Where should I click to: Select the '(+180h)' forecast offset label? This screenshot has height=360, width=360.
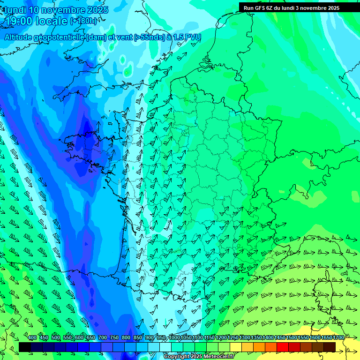(83, 21)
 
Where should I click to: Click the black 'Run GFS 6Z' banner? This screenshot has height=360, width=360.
(292, 7)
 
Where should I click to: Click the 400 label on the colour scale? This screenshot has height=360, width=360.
(32, 338)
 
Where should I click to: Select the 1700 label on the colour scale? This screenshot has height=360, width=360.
(338, 338)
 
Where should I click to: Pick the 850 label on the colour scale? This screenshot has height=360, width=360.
(138, 338)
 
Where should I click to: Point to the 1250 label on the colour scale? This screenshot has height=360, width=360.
(233, 338)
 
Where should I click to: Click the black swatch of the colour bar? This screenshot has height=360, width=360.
(25, 347)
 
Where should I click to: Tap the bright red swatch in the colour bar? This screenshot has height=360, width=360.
(283, 347)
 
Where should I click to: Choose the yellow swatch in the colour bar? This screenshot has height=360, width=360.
(236, 347)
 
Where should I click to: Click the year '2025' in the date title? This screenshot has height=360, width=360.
(97, 10)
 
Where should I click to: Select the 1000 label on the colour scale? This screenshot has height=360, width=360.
(174, 338)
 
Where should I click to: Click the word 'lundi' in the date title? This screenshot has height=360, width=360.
(15, 10)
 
